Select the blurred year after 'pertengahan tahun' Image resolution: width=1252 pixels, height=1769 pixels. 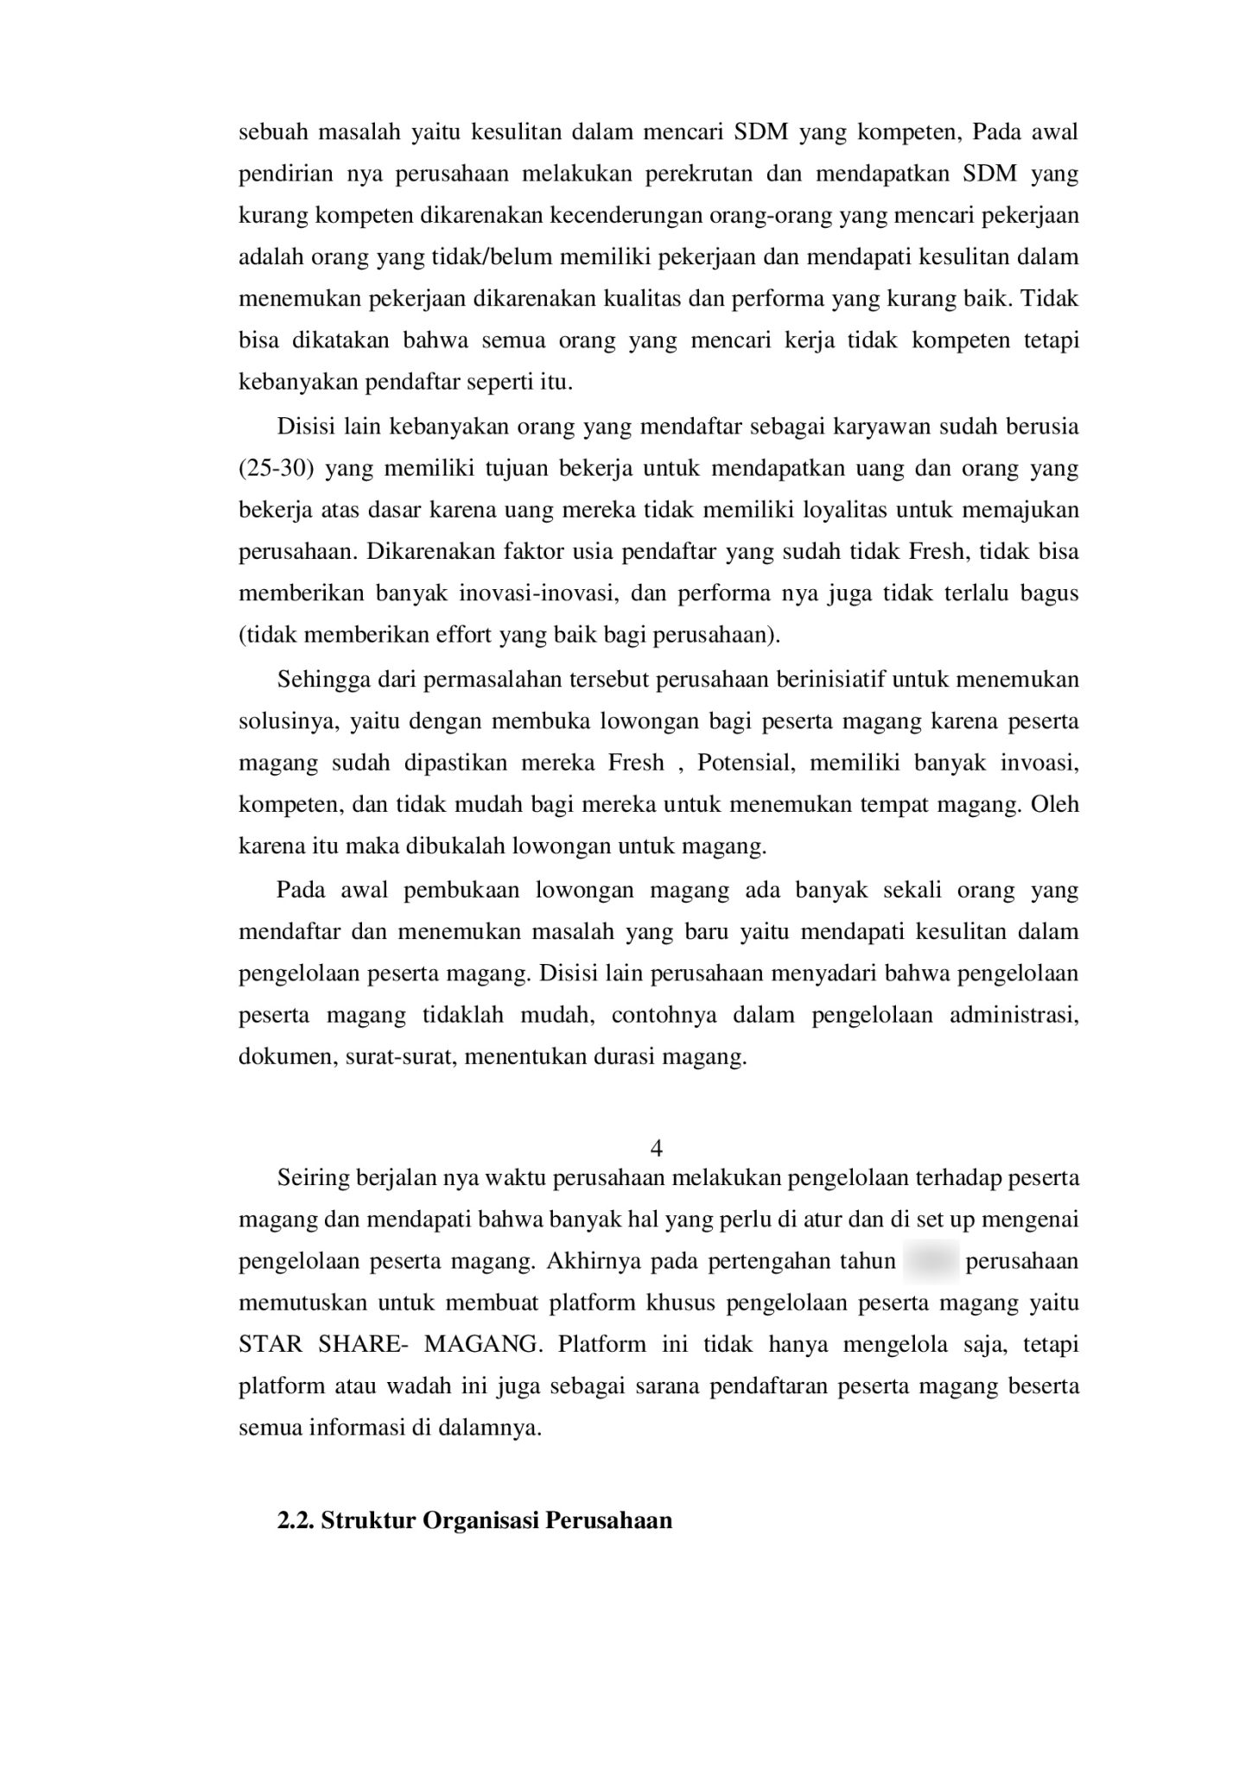[931, 1261]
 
